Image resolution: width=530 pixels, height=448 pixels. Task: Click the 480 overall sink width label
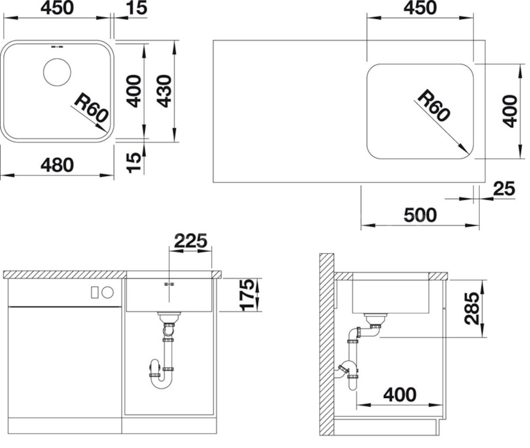57,165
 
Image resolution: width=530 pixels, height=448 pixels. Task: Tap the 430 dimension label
164,91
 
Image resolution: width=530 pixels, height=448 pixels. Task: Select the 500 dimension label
420,215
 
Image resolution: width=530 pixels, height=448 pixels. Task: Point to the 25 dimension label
504,189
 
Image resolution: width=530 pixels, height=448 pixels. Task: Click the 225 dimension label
191,241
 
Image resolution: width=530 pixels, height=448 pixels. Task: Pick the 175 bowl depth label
247,295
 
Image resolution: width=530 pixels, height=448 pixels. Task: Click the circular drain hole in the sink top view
57,72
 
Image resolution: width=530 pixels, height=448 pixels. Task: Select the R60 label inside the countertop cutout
434,106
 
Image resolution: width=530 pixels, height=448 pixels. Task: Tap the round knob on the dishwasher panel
108,292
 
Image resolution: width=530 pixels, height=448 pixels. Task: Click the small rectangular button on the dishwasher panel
95,292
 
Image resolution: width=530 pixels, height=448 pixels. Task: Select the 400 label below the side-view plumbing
400,395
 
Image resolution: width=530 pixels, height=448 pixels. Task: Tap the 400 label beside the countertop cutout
510,111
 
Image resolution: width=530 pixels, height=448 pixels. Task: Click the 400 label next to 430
133,91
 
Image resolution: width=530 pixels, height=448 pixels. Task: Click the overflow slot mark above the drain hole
57,47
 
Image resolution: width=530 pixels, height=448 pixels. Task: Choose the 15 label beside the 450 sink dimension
136,8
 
